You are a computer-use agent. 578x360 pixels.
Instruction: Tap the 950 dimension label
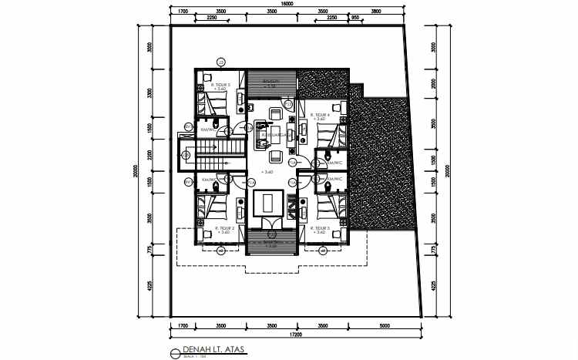[x=355, y=17]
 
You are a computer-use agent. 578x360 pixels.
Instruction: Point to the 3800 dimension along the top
[x=375, y=12]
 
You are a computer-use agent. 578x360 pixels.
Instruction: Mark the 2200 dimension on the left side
[x=151, y=155]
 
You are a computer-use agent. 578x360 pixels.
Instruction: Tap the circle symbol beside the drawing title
[x=176, y=353]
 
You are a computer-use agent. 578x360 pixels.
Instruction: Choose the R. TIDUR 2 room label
[x=224, y=228]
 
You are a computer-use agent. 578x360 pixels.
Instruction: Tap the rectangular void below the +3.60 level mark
[x=267, y=203]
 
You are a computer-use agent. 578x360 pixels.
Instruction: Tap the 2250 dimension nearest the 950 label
[x=331, y=17]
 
